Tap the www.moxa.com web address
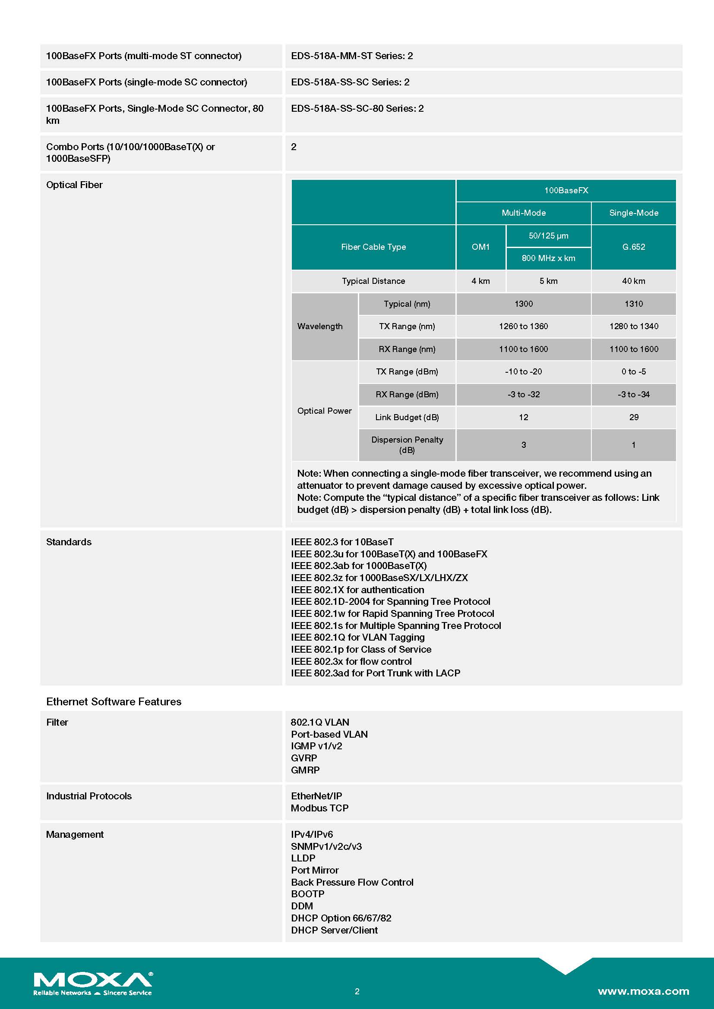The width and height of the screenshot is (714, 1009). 643,991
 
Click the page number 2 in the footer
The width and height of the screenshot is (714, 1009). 357,991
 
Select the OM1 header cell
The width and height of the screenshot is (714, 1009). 480,247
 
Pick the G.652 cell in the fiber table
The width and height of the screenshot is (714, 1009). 634,247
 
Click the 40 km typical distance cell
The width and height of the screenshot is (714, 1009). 634,281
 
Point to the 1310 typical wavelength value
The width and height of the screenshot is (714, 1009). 634,304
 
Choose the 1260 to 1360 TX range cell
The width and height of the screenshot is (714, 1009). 523,327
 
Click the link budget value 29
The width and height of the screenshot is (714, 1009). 634,418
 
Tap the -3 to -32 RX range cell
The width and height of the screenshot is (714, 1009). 523,395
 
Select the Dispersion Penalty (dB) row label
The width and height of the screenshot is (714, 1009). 407,445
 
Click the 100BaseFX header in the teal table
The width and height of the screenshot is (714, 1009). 566,191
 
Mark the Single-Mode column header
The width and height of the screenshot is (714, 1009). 634,213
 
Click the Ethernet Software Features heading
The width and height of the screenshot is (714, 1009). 114,702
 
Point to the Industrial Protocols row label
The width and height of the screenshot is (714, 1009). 89,796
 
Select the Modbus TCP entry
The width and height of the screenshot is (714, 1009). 319,808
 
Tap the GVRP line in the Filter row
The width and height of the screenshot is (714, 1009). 304,758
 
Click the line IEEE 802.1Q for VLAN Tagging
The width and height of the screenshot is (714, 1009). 358,637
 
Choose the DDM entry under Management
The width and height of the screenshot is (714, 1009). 302,906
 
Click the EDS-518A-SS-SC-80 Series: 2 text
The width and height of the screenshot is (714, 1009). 357,109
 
